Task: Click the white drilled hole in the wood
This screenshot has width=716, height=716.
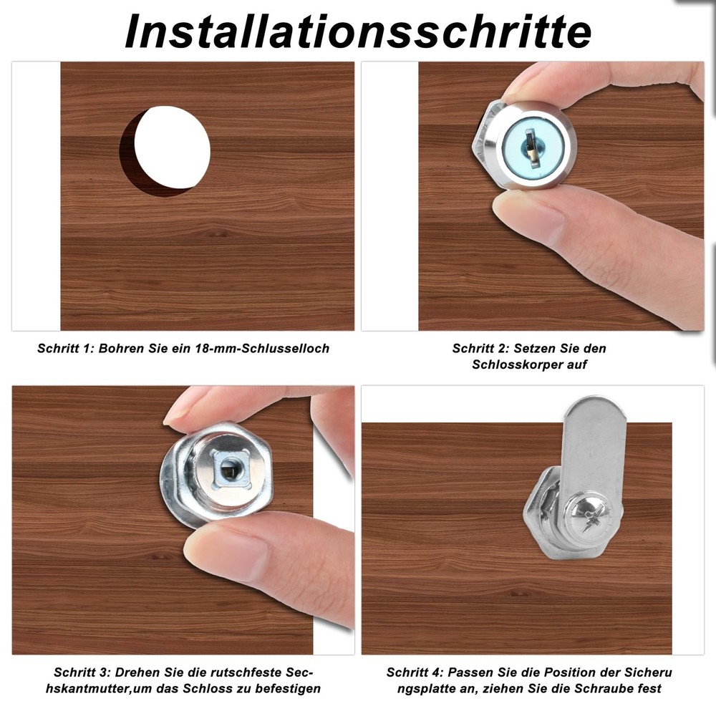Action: click(x=172, y=147)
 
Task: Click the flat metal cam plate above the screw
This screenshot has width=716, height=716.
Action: click(x=591, y=444)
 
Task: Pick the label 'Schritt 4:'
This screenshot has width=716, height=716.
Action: click(x=415, y=673)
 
